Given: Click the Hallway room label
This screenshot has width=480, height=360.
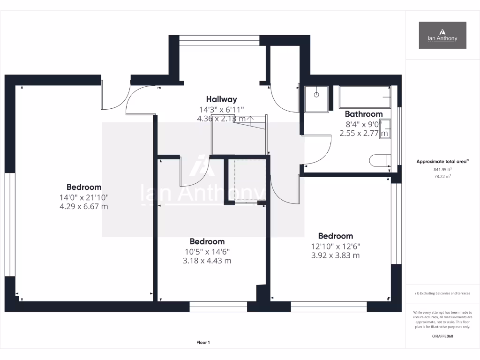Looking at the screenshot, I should tap(221, 99).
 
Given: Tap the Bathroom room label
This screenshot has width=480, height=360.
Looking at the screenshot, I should tap(364, 114).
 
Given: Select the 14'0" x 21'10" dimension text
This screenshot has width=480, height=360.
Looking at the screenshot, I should tap(84, 197).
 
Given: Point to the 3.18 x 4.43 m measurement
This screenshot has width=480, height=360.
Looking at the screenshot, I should tap(207, 261).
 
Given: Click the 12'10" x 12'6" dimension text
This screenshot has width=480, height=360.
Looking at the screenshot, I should tap(335, 246).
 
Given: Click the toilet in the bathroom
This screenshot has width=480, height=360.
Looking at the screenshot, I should tap(380, 161).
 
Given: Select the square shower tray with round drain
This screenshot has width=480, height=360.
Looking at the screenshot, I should tap(316, 99).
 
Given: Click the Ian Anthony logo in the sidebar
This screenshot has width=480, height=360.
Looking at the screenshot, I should tap(442, 35).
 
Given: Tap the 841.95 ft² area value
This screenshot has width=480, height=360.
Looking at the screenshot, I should tap(442, 170).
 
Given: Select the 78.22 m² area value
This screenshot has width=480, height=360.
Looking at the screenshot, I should tap(442, 176).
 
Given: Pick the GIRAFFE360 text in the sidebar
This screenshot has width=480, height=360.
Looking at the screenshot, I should tap(442, 336).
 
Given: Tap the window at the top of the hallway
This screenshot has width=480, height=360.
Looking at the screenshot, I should tap(219, 41).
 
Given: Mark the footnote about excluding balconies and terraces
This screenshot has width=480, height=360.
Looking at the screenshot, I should tap(442, 293).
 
